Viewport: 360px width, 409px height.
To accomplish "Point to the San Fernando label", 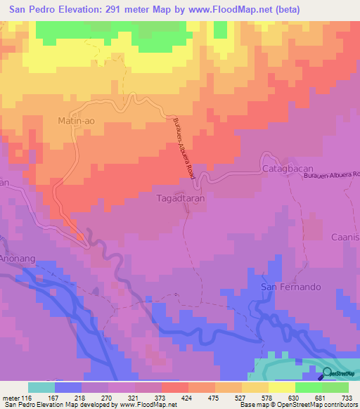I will pyautogui.click(x=291, y=287).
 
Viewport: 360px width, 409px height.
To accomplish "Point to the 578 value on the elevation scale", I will pyautogui.click(x=268, y=398).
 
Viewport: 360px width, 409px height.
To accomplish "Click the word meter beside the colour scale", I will pyautogui.click(x=11, y=398).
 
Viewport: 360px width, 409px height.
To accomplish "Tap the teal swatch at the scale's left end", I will pyautogui.click(x=41, y=387).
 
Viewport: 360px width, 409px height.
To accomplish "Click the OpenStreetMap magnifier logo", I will pyautogui.click(x=328, y=373).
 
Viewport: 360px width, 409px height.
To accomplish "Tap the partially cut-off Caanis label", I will pyautogui.click(x=346, y=238).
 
